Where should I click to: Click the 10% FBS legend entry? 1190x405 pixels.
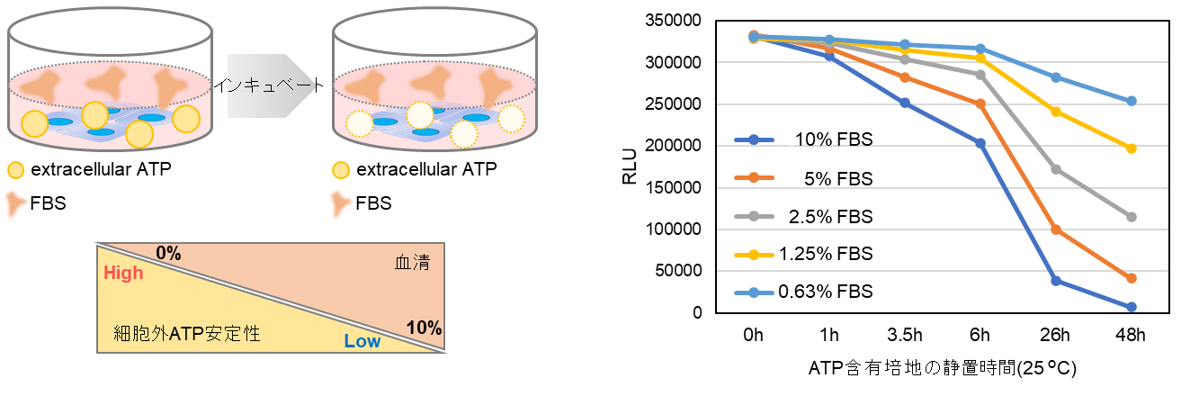tap(804, 139)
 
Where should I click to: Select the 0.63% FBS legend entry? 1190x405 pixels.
tap(804, 292)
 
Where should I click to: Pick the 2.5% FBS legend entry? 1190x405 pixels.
tap(804, 217)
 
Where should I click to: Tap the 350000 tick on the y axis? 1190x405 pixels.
tap(673, 21)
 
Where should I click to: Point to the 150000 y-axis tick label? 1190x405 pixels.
tap(673, 187)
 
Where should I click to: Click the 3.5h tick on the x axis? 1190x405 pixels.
tap(905, 335)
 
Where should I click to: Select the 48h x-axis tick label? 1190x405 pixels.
tap(1131, 335)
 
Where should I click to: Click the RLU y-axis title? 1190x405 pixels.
tap(630, 166)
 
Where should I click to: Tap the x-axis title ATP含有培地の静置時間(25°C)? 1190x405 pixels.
tap(943, 368)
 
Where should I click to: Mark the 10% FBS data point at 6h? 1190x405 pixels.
tap(980, 143)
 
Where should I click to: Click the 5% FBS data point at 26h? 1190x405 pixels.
tap(1056, 230)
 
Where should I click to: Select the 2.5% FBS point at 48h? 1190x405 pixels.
tap(1132, 217)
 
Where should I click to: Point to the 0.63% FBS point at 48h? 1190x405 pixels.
tap(1132, 101)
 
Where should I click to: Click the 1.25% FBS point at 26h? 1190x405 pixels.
tap(1056, 112)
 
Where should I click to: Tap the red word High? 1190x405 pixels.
tap(123, 273)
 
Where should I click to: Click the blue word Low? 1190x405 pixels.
tap(362, 341)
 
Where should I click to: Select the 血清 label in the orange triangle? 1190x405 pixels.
tap(412, 262)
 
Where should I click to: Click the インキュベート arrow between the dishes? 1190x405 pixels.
tap(268, 85)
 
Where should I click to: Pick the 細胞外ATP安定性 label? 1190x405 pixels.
tap(187, 333)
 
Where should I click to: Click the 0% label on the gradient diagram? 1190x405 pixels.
tap(168, 253)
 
